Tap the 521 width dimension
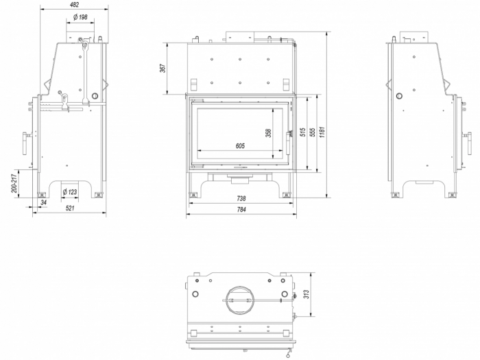coord(69,208)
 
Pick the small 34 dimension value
coord(43,203)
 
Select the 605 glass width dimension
coord(239,145)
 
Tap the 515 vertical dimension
coord(302,134)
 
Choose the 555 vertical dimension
coord(313,134)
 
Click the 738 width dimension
coord(241,199)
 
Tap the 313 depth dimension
coord(308,295)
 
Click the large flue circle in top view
coord(238,296)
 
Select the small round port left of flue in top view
coord(197,293)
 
